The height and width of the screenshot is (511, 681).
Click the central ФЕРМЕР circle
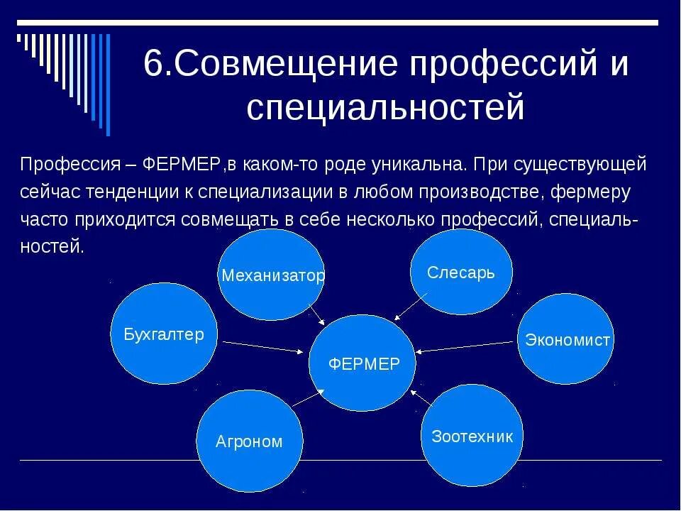pos(364,363)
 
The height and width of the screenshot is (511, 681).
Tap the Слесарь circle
pos(461,273)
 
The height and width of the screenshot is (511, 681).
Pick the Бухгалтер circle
pos(164,334)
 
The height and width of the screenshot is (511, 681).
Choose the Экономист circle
pos(566,339)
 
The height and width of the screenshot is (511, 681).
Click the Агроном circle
pos(249,441)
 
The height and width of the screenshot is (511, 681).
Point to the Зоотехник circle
pos(472,435)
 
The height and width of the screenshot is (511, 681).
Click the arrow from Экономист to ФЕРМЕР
pos(465,346)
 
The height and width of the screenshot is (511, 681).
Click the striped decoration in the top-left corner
pos(64,71)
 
